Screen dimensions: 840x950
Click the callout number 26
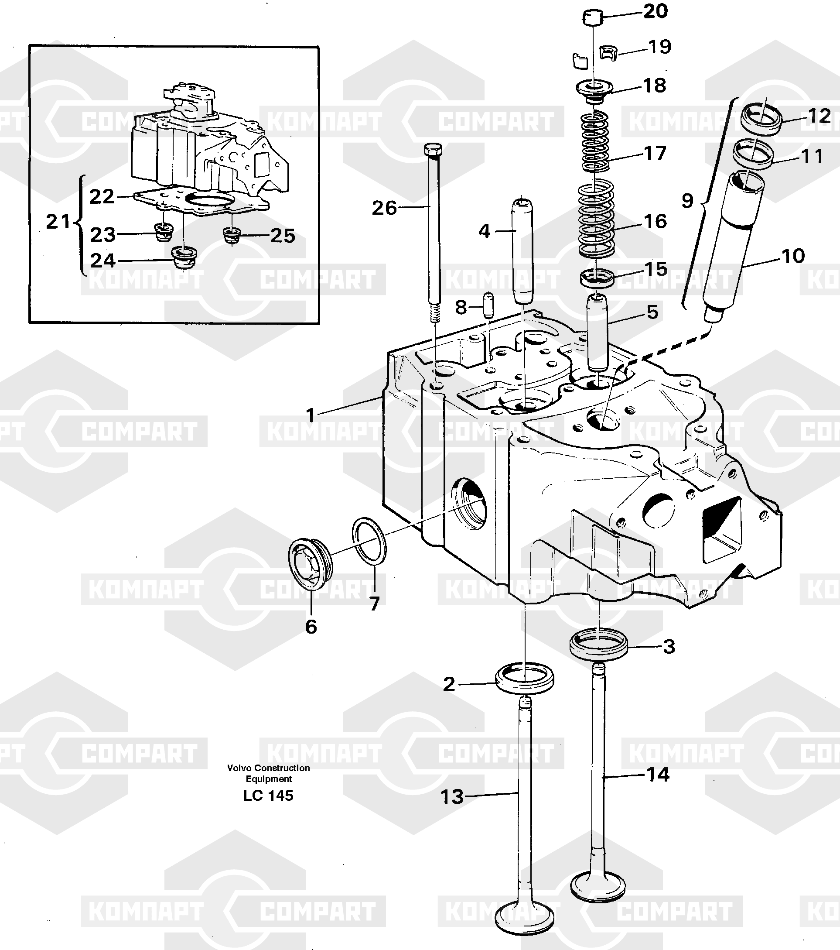[x=384, y=208]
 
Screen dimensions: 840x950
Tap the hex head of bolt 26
[x=433, y=150]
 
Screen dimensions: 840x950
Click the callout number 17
[x=655, y=153]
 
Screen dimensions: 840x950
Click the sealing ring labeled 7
[x=370, y=542]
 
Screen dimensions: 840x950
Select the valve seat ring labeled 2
[x=525, y=679]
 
